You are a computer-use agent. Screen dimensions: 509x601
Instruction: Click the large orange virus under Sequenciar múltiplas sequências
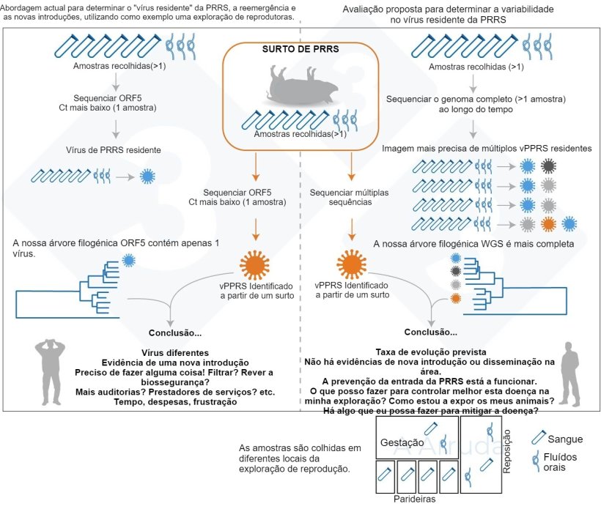pos(351,262)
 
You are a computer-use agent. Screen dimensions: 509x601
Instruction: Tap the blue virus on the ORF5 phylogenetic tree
pos(130,260)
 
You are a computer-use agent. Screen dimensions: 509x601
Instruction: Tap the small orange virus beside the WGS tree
pos(456,298)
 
